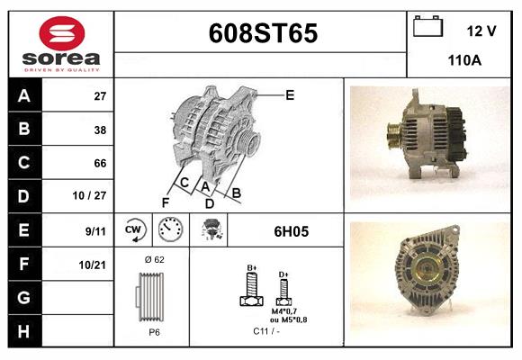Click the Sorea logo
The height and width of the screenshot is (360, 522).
click(x=60, y=44)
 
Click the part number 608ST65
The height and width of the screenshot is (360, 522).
click(x=263, y=34)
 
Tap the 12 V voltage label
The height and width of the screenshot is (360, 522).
click(x=481, y=31)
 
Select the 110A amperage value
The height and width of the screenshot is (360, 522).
click(x=465, y=60)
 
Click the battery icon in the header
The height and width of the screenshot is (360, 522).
click(x=427, y=27)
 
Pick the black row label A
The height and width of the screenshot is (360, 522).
click(x=24, y=96)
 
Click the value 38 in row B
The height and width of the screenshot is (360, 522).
click(x=100, y=130)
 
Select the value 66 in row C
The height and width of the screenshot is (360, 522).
click(x=100, y=163)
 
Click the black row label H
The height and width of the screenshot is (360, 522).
click(x=24, y=331)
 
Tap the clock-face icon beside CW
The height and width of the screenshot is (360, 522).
click(x=170, y=230)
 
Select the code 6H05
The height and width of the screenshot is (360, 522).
click(x=291, y=231)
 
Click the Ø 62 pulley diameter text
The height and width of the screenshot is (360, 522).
click(x=154, y=260)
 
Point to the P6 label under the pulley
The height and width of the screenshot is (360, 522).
click(x=154, y=332)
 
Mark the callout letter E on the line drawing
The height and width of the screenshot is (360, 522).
click(x=290, y=94)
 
